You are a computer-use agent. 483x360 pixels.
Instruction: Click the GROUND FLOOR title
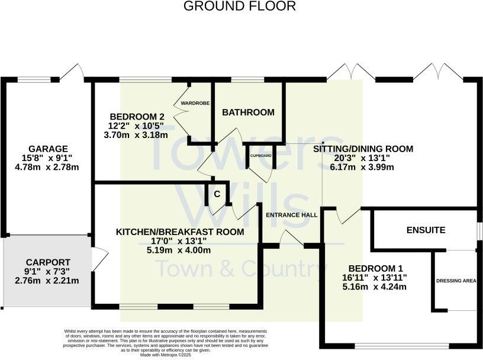[239, 7]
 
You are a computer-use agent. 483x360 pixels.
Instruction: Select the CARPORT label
[48, 262]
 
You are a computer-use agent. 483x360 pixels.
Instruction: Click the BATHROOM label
[248, 112]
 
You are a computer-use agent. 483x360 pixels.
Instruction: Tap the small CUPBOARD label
[260, 156]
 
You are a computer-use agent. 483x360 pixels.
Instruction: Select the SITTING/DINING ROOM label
[362, 149]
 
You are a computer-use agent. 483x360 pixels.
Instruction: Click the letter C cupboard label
[217, 194]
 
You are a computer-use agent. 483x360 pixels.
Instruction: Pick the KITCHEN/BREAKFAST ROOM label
[179, 232]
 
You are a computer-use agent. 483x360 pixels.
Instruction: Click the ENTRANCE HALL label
[291, 214]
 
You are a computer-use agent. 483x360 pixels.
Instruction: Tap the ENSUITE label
[425, 230]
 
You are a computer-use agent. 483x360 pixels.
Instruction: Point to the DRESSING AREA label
[456, 280]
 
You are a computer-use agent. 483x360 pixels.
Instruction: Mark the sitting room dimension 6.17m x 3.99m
[362, 167]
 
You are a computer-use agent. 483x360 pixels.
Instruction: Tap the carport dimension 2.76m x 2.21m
[48, 281]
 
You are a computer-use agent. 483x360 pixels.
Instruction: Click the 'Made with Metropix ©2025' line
[166, 355]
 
